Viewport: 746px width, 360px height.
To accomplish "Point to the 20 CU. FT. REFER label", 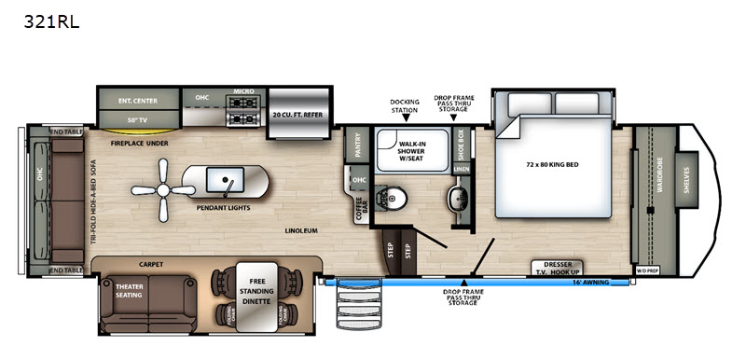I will (298, 114).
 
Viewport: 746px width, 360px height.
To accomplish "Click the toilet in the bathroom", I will (390, 197).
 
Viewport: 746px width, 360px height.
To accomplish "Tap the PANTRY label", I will (355, 146).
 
